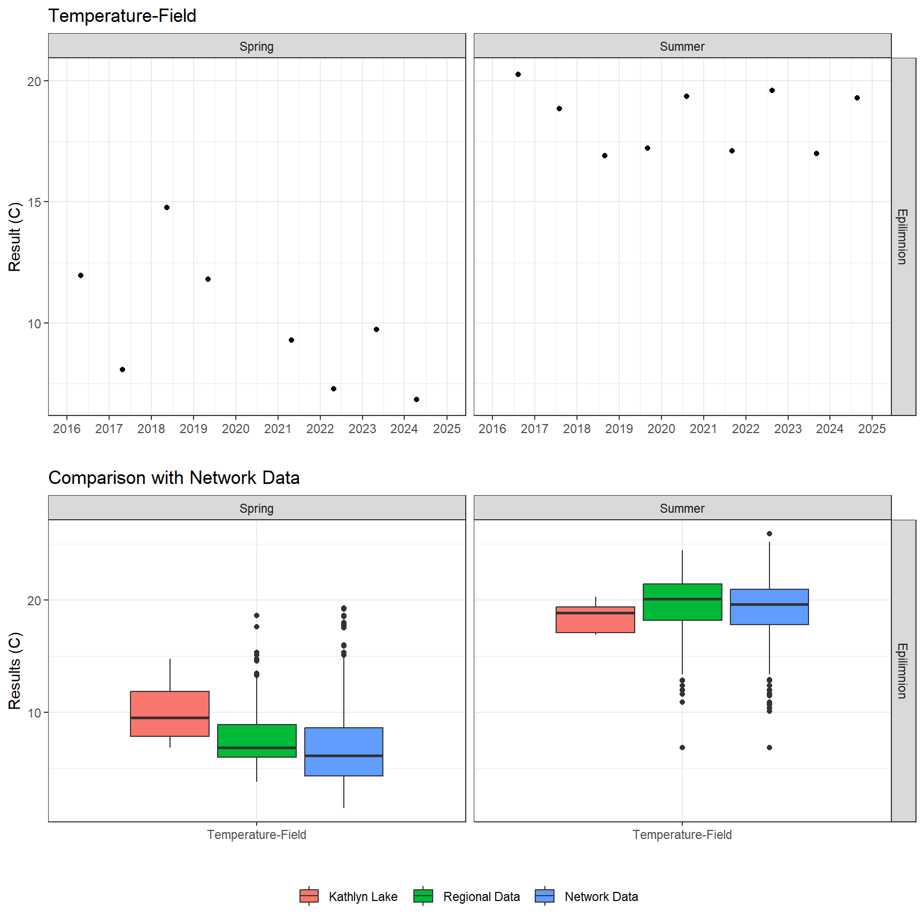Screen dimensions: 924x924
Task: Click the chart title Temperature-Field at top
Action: click(122, 16)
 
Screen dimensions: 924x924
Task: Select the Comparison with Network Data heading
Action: click(174, 478)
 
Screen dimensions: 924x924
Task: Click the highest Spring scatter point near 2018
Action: click(167, 207)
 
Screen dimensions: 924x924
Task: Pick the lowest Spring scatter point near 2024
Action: click(417, 399)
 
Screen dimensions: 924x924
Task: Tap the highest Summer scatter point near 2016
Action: click(518, 74)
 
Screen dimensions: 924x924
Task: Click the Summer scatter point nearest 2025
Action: click(857, 98)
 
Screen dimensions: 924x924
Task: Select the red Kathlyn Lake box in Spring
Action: click(170, 713)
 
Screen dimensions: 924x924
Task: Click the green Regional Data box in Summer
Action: click(682, 602)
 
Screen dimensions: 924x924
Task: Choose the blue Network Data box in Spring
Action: click(344, 751)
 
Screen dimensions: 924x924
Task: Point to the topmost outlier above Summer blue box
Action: click(769, 534)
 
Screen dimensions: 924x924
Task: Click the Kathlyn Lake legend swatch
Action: click(309, 896)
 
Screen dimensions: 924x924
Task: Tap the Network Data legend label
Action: click(601, 897)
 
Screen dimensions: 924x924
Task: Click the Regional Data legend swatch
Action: click(423, 896)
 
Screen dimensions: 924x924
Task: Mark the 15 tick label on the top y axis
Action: click(34, 202)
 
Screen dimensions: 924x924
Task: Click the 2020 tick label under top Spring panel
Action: click(235, 429)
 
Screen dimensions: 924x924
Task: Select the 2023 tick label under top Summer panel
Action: click(788, 429)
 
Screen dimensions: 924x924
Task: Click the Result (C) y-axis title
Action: click(14, 236)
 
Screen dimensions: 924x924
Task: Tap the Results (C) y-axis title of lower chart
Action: click(14, 671)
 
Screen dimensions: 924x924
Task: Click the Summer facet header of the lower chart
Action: click(682, 508)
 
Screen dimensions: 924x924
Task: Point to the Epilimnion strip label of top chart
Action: click(903, 236)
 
